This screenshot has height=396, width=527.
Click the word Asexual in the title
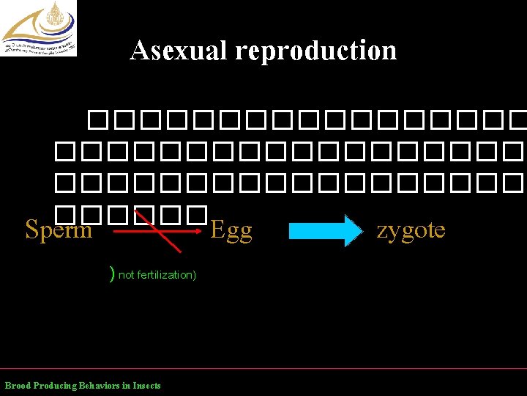tap(179, 51)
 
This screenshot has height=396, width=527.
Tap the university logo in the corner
tap(39, 29)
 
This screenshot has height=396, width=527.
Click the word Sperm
tap(59, 230)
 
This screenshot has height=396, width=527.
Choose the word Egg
tap(231, 231)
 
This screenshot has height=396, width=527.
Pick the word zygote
tap(411, 230)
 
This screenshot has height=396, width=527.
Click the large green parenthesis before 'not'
tap(112, 274)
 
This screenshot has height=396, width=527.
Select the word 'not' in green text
tap(126, 275)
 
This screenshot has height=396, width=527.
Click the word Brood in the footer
tap(18, 386)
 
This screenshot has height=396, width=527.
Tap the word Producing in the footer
tap(56, 386)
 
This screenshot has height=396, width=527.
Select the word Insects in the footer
tap(147, 386)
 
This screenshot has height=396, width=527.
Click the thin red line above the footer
tap(263, 368)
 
